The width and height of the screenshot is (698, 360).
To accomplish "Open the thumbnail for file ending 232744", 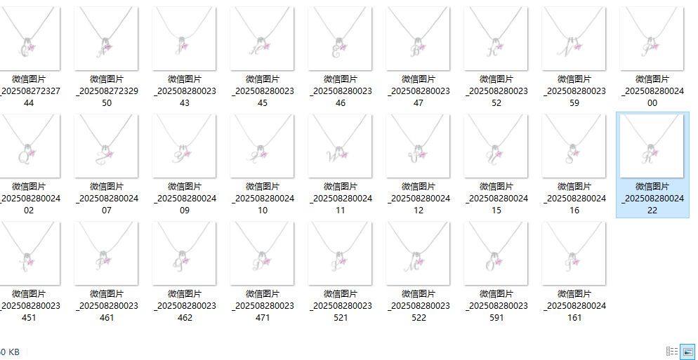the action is click(x=29, y=39).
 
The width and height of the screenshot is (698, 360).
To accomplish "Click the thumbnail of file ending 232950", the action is click(x=107, y=39).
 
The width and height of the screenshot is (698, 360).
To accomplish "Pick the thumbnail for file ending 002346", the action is click(x=341, y=39).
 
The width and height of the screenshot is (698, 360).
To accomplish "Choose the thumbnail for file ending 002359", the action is click(x=574, y=39).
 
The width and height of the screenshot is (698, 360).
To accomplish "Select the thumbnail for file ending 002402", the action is click(x=29, y=146).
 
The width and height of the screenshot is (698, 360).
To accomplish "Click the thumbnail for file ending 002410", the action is click(x=263, y=146).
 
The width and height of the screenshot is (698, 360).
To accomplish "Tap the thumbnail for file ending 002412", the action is click(x=419, y=146).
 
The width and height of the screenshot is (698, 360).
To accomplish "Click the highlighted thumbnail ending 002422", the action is click(x=652, y=146).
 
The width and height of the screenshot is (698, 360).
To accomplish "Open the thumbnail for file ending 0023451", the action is click(x=29, y=253).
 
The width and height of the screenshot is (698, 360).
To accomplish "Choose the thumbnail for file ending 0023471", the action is click(x=263, y=253).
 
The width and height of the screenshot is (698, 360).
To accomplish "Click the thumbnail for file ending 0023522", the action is click(x=419, y=253).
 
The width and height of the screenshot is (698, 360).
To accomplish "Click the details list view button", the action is click(x=672, y=351).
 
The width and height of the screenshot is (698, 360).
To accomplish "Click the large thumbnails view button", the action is click(x=687, y=351).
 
